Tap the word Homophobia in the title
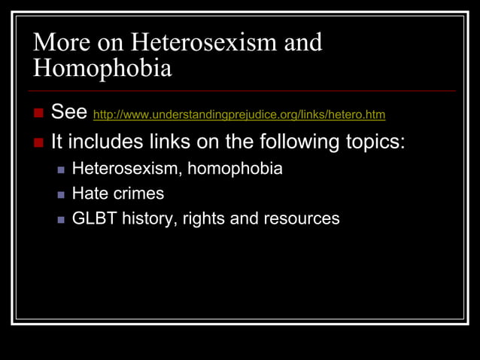pyautogui.click(x=102, y=69)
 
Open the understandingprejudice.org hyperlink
pyautogui.click(x=238, y=115)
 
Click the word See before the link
pyautogui.click(x=69, y=114)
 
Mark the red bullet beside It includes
pyautogui.click(x=39, y=142)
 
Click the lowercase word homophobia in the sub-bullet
pyautogui.click(x=235, y=169)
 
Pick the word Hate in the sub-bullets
pyautogui.click(x=90, y=194)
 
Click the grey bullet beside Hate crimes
pyautogui.click(x=62, y=194)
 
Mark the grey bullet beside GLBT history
pyautogui.click(x=62, y=219)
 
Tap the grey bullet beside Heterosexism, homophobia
pyautogui.click(x=62, y=169)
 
